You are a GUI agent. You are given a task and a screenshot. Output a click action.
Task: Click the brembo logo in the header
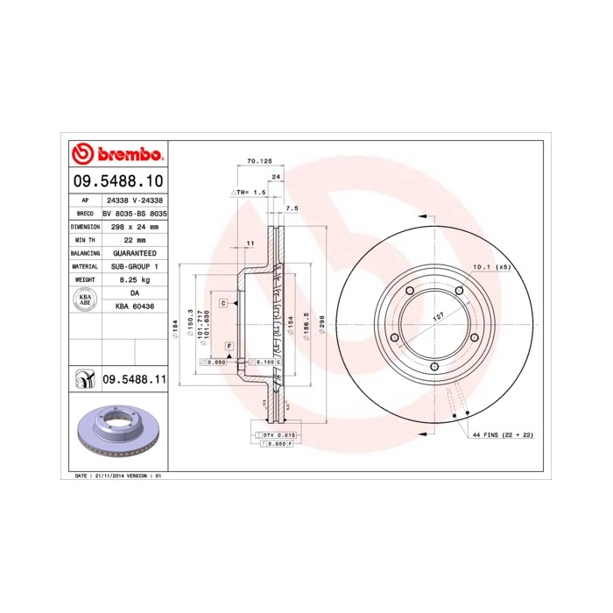point(116,155)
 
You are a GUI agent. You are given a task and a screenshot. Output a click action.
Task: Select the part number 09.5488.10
point(116,182)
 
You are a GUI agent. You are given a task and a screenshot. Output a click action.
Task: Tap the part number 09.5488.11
point(134,379)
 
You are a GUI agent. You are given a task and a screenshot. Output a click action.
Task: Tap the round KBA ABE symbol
point(86,299)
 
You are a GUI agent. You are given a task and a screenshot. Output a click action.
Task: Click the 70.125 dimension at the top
point(260,161)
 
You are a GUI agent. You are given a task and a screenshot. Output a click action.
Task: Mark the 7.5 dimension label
point(292,208)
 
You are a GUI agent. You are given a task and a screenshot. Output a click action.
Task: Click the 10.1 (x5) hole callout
point(491,266)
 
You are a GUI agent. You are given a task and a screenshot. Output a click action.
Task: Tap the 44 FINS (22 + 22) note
point(503,434)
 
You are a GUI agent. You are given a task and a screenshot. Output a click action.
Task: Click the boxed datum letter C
point(223,302)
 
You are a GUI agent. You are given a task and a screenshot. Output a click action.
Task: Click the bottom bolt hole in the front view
point(434,367)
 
